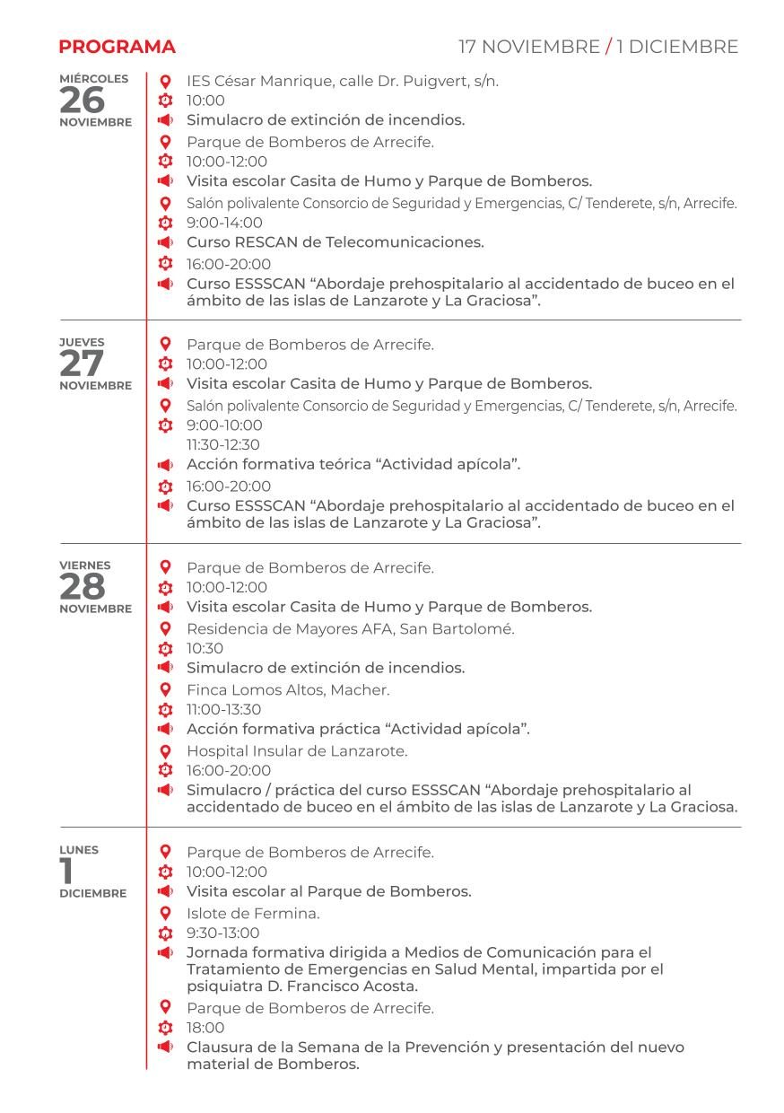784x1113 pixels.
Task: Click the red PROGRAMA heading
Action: [x=117, y=47]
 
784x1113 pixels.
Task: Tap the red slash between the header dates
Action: [x=609, y=47]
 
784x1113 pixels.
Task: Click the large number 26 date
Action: [x=82, y=101]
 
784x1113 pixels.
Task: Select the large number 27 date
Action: [x=82, y=364]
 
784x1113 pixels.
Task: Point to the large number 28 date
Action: [x=82, y=587]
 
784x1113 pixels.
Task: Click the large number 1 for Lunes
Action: [x=67, y=872]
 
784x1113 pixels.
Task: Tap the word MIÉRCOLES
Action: [x=93, y=79]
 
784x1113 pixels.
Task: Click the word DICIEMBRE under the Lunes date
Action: [x=93, y=894]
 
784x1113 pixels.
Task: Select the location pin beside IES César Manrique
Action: [x=165, y=81]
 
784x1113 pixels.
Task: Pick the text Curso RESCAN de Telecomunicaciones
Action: [x=335, y=242]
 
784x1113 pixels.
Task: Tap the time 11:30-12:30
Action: [x=222, y=445]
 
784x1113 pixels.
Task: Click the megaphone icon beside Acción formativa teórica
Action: [x=165, y=465]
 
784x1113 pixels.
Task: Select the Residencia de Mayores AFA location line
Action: [x=350, y=629]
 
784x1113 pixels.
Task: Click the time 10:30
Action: [x=205, y=649]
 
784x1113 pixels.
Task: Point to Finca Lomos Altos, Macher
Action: [x=287, y=690]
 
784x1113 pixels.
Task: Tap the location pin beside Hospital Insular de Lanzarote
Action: [x=165, y=751]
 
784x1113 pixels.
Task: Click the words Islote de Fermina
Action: [x=253, y=914]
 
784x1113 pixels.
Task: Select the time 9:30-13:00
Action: [x=222, y=933]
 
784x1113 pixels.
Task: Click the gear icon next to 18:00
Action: [x=165, y=1028]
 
